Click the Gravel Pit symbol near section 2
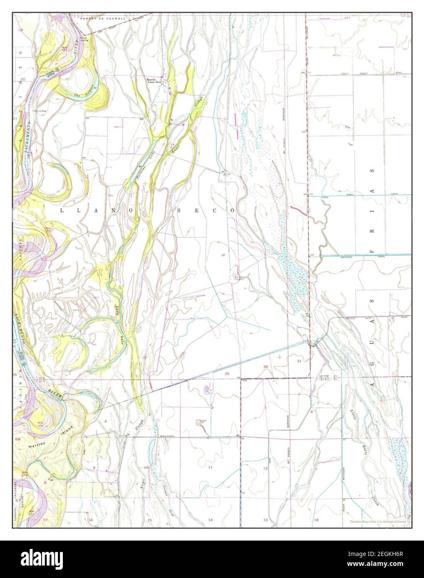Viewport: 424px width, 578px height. (200, 423)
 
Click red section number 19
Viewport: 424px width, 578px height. (20, 31)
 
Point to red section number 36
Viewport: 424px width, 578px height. (265, 366)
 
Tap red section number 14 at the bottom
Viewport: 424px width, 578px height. (210, 520)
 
